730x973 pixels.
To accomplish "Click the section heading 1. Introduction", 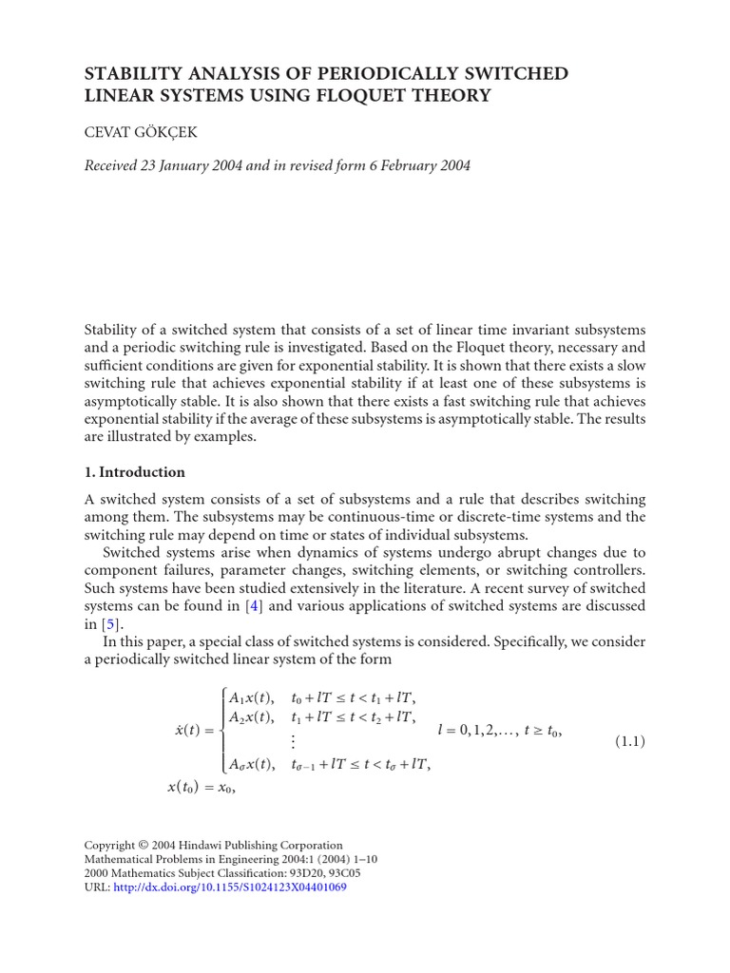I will (x=135, y=472).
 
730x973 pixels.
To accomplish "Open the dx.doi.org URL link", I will (x=230, y=887).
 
